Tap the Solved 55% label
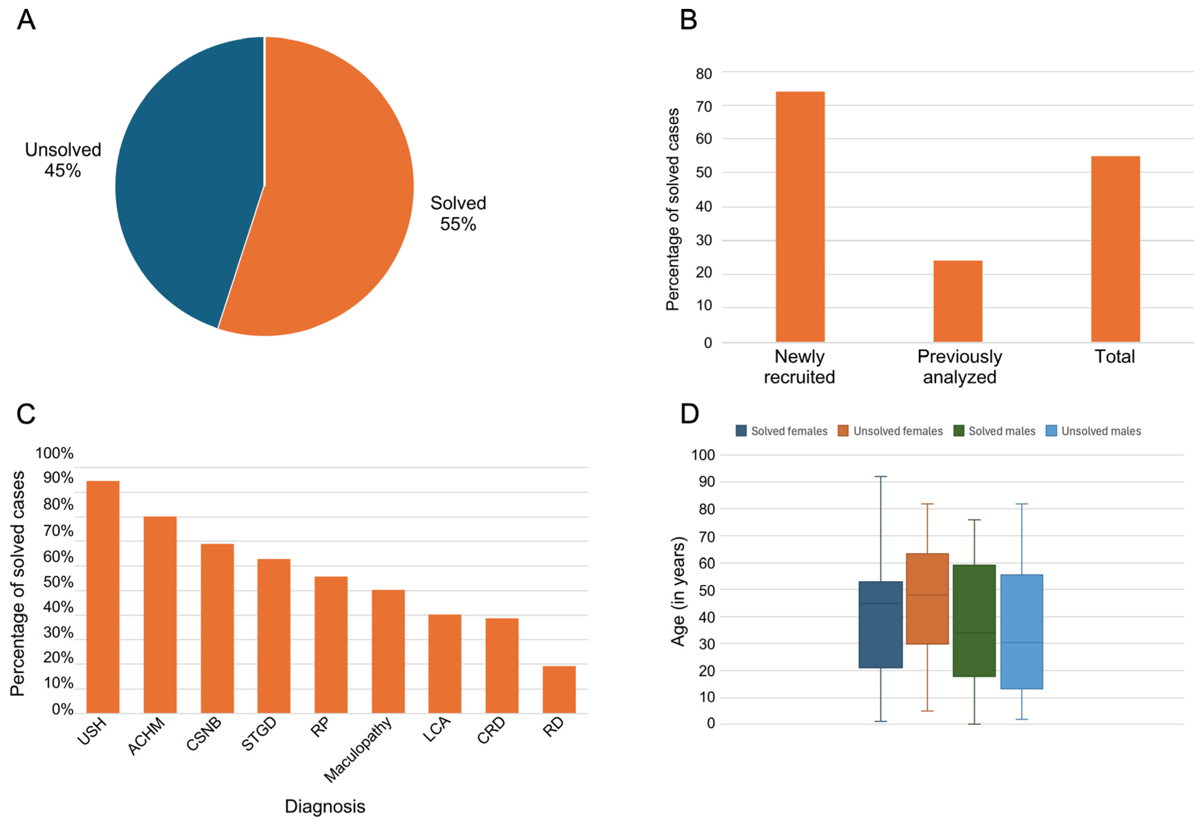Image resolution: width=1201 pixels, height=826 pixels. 458,213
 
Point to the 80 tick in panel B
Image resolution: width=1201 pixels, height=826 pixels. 704,74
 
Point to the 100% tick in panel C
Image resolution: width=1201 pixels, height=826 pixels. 54,453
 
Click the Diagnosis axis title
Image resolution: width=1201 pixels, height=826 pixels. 325,806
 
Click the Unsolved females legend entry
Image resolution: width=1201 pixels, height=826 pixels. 890,431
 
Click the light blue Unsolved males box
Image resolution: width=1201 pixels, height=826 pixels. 1021,632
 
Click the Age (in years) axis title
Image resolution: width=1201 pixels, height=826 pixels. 678,591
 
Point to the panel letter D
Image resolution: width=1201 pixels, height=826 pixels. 689,414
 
